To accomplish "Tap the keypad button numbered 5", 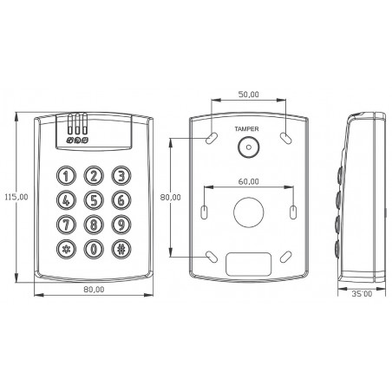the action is click(x=94, y=200).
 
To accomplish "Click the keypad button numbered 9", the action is click(x=121, y=225).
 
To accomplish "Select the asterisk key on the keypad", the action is click(x=66, y=249).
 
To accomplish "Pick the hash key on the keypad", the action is click(x=121, y=249).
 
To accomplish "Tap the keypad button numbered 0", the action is click(x=94, y=249).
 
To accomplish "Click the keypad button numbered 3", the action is click(x=121, y=175).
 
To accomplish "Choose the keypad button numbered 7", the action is click(x=66, y=225).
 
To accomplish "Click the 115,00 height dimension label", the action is click(x=16, y=197).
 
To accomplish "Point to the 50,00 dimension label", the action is click(x=249, y=95).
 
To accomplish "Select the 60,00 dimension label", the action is click(x=249, y=181).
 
